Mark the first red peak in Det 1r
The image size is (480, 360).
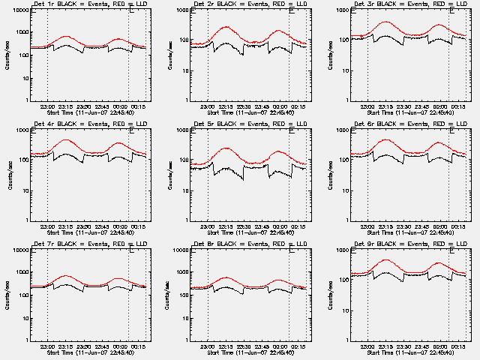[66, 36]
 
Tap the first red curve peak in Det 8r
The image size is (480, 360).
[226, 277]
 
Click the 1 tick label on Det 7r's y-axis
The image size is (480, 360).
[26, 340]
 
